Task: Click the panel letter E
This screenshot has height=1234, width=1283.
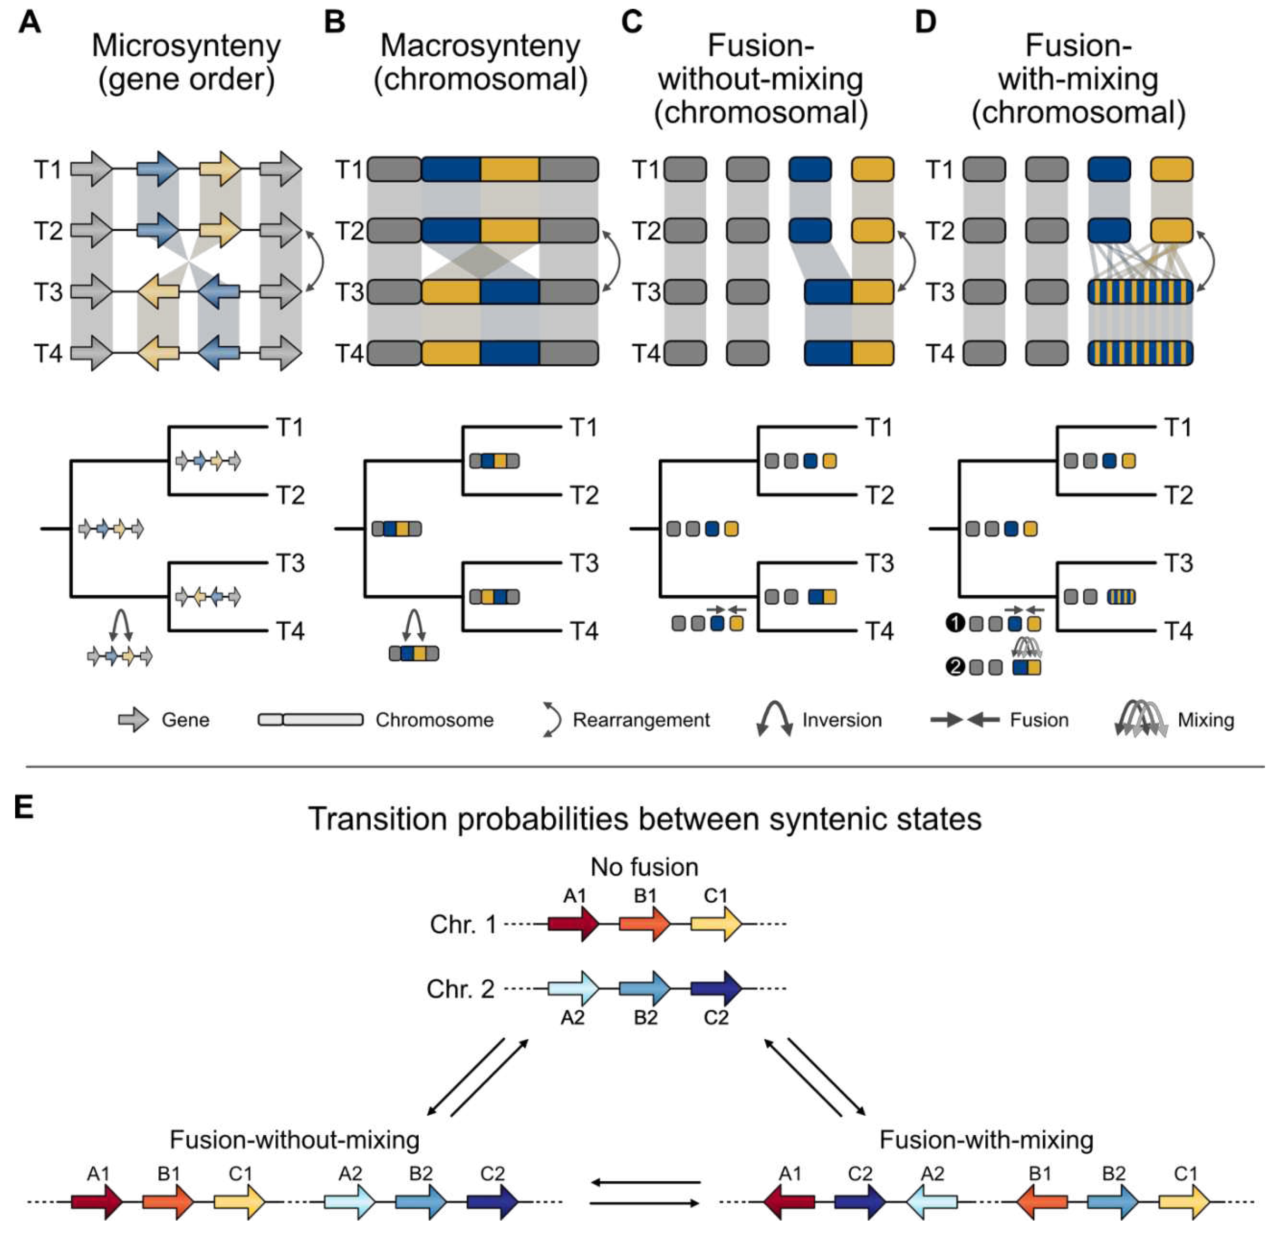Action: coord(24,807)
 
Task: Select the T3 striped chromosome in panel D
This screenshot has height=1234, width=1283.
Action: coord(1140,292)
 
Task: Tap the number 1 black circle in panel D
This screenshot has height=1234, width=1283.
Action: coord(955,623)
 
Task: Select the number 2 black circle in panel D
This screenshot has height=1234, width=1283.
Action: coord(955,667)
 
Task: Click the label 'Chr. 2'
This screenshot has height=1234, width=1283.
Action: coord(460,988)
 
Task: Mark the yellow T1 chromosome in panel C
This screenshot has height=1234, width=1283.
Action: coord(872,169)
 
